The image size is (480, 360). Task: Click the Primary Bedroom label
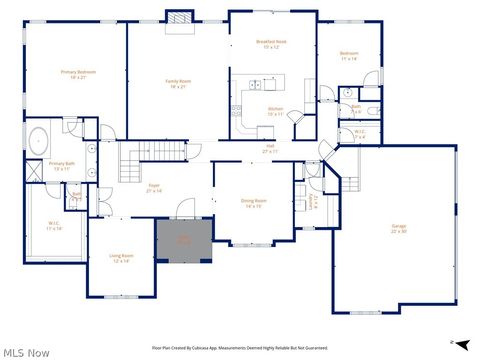click(78, 74)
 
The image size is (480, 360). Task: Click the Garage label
click(398, 228)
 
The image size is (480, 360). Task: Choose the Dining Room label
click(252, 203)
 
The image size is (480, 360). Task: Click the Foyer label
click(154, 187)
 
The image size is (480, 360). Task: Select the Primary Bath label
click(62, 165)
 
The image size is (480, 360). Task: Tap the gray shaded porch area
click(183, 240)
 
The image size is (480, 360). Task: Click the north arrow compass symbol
click(461, 344)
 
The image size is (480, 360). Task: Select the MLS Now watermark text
click(26, 352)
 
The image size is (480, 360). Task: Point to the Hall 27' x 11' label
click(270, 149)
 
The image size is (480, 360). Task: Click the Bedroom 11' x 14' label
click(348, 56)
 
